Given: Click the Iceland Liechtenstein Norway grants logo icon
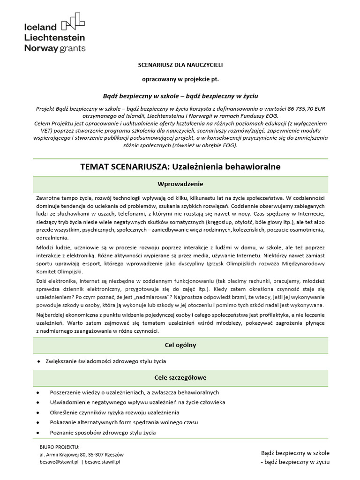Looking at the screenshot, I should click(74, 21).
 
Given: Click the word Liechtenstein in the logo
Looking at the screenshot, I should click(54, 37).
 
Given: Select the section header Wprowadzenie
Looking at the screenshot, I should click(180, 183).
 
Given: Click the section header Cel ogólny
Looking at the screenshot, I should click(180, 345).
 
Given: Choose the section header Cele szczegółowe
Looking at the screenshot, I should click(180, 377).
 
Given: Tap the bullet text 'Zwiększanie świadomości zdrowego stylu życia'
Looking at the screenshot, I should click(106, 361).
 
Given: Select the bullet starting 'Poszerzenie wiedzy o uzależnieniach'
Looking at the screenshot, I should click(134, 392).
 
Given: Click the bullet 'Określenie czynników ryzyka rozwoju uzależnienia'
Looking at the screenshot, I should click(114, 412).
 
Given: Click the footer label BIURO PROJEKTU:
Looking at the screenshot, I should click(60, 447).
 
